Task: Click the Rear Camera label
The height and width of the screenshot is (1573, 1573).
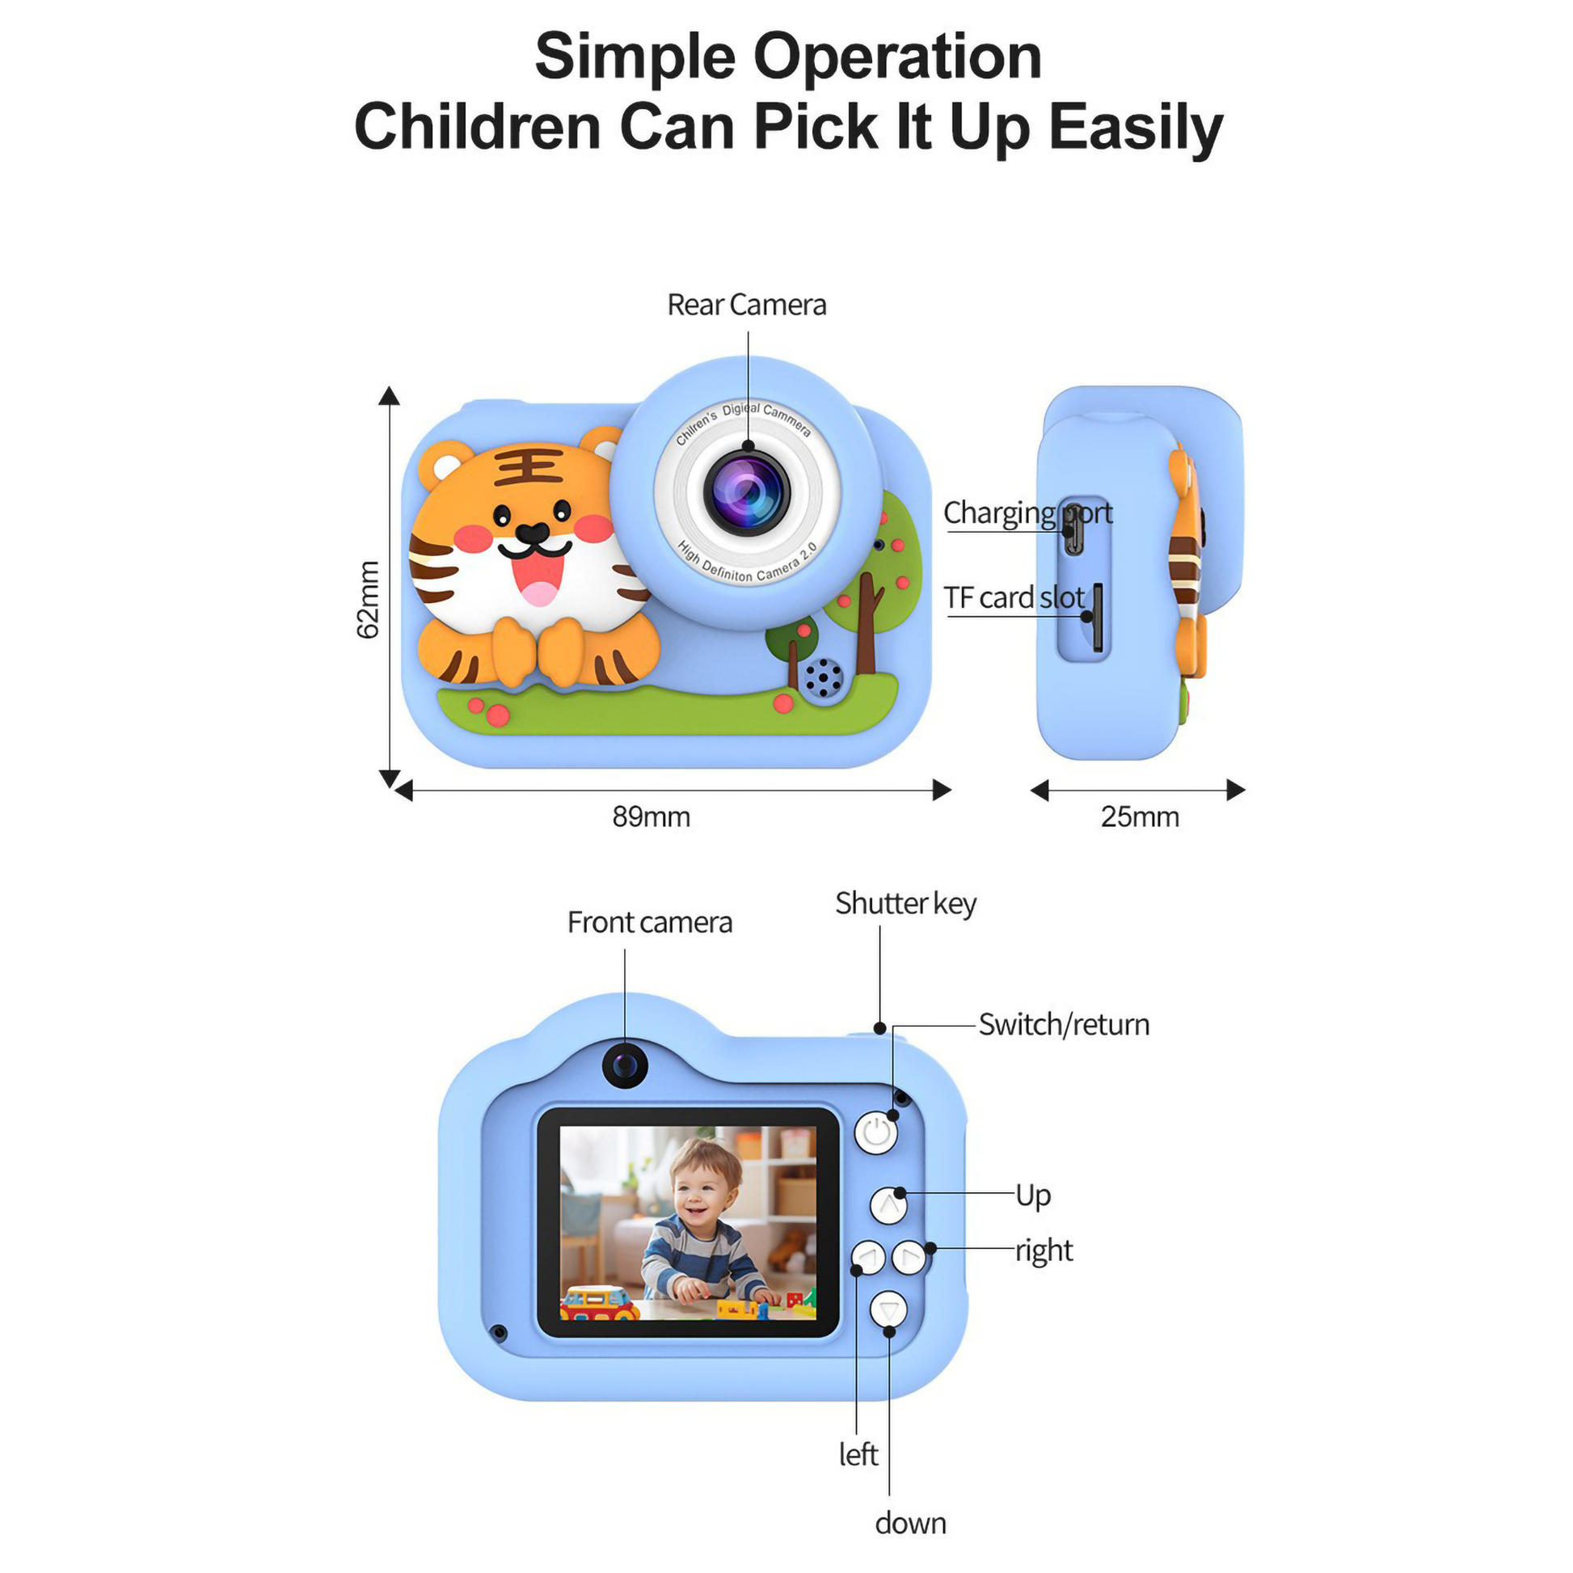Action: pos(746,305)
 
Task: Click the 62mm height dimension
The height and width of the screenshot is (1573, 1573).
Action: pos(368,599)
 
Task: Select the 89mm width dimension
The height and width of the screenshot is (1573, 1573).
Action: pos(651,816)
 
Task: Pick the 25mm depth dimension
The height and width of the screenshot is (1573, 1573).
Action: pos(1139,816)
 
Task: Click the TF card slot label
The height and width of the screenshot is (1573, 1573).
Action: pos(1014,597)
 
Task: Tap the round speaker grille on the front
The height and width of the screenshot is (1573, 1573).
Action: pos(824,676)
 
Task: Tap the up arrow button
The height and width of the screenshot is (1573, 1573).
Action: pos(888,1205)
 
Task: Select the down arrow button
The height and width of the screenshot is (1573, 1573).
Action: pos(888,1310)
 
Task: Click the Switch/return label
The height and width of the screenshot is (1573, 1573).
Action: pos(1063,1025)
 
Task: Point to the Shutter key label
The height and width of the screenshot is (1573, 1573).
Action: pos(905,903)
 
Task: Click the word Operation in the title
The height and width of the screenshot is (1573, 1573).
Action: pos(896,57)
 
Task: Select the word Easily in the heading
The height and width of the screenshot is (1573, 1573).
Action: pos(1136,128)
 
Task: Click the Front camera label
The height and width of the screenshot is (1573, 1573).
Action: pos(649,922)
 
